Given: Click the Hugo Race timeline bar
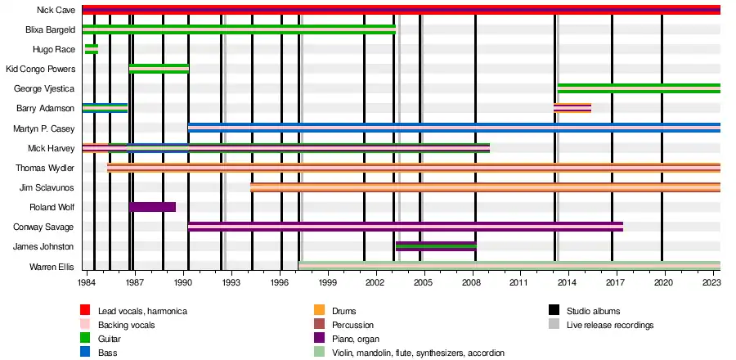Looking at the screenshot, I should point(92,49).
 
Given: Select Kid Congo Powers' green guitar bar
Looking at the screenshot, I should point(159,69).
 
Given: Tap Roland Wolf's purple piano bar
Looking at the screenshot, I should point(152,207).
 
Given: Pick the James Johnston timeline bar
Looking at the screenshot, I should point(436,246).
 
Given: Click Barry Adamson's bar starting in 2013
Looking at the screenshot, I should point(572,108).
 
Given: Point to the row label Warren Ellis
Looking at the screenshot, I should point(52,267).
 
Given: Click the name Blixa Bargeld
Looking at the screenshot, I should point(51,29).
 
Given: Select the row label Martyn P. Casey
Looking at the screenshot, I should point(45,128).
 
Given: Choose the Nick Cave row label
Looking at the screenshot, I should point(56,10).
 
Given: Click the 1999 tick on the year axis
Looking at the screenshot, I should point(327,282).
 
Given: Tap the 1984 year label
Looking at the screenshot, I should point(88,282).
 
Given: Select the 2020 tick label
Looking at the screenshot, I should point(662,282).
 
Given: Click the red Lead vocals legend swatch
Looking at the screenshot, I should point(85,311).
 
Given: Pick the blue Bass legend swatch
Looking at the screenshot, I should point(85,353).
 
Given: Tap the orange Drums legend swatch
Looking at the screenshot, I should point(320,311).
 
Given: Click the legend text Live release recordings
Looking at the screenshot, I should point(610,325).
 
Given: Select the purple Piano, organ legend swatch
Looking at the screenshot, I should point(320,339).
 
